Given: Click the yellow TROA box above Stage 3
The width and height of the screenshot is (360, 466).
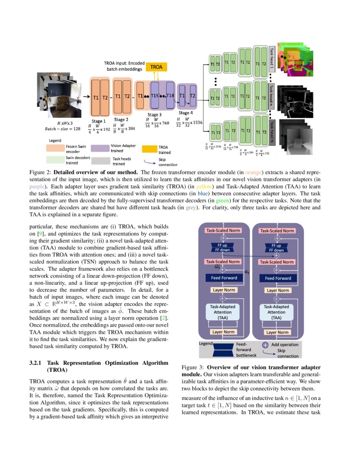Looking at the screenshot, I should (x=157, y=67).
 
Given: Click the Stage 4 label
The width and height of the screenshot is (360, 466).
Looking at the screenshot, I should (x=184, y=113).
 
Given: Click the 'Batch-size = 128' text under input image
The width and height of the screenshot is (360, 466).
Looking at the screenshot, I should (x=63, y=128).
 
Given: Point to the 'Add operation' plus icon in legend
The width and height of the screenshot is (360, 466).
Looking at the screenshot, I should (x=265, y=344).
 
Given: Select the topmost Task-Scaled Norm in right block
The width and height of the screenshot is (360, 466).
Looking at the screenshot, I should (x=277, y=231).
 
